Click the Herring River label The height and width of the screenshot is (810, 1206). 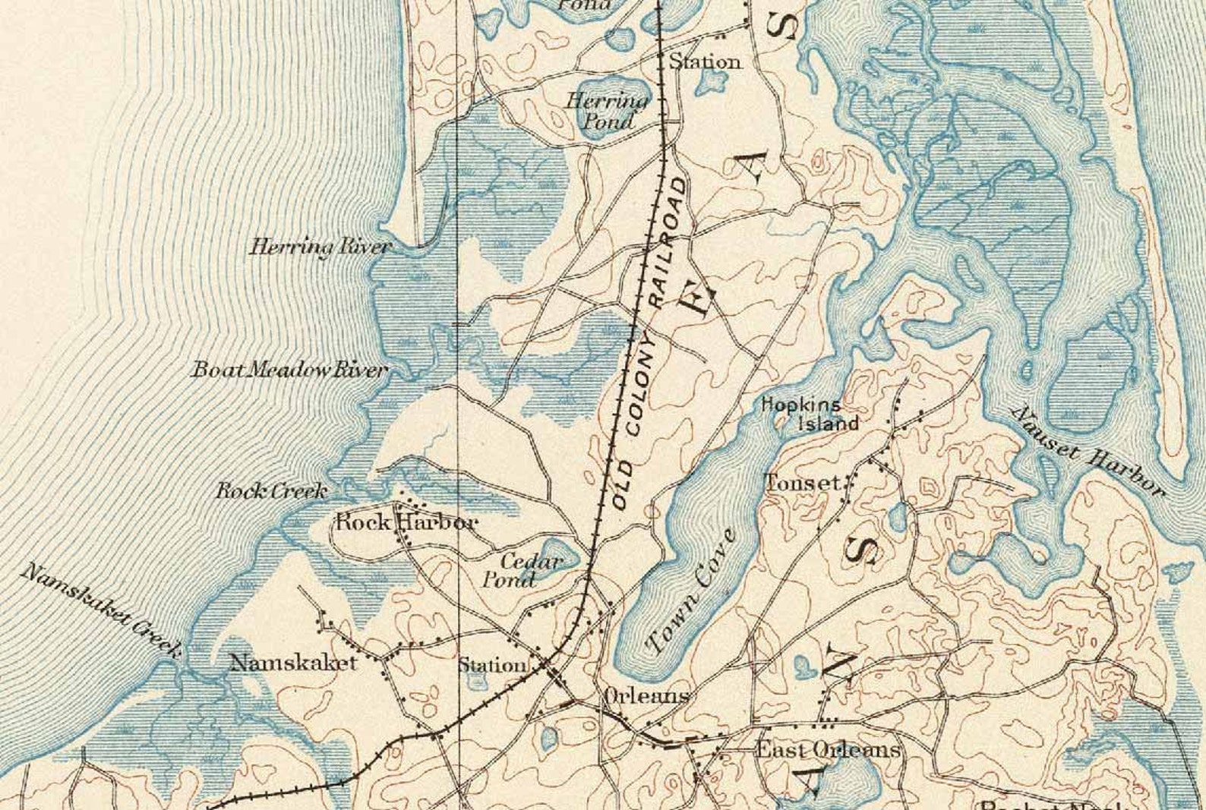[x=320, y=247]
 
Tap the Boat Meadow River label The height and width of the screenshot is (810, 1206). [x=289, y=370]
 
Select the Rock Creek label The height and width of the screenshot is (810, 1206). [x=271, y=491]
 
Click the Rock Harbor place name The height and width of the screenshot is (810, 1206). [x=406, y=522]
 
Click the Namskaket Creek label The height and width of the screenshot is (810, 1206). [x=100, y=610]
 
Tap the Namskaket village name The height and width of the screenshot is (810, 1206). [x=293, y=663]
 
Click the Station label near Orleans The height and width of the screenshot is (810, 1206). [x=491, y=666]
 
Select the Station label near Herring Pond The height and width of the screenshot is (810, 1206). [x=705, y=61]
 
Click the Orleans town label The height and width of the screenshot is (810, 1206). [x=646, y=695]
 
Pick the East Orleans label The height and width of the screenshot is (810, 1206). [x=827, y=750]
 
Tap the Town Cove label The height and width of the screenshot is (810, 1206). [x=690, y=592]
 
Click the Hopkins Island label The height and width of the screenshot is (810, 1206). [x=810, y=414]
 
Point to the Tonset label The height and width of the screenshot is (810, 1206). [x=803, y=482]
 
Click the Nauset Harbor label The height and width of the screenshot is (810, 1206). [x=1087, y=451]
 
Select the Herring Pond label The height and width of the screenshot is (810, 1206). [x=608, y=110]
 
